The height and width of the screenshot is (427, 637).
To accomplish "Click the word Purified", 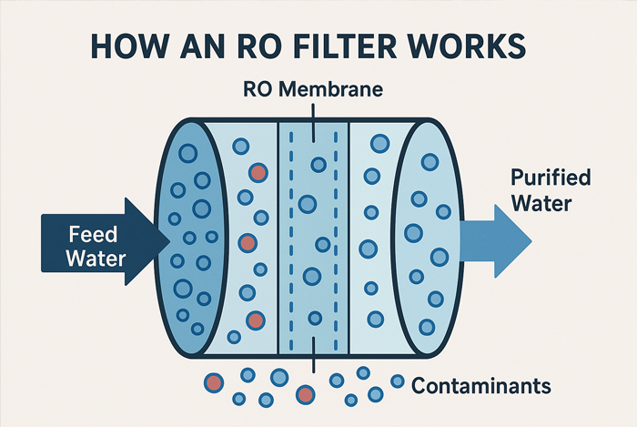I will coord(550,178).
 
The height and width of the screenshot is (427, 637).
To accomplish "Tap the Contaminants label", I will coord(481,385).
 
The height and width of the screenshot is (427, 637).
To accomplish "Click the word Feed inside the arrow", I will coord(92,234).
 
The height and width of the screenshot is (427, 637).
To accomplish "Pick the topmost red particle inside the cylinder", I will coord(258,172).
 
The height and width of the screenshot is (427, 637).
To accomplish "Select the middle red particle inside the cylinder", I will coord(247,243).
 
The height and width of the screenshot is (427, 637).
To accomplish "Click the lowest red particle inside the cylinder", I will coord(255,319).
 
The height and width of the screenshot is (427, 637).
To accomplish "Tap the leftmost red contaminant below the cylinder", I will coord(212,382).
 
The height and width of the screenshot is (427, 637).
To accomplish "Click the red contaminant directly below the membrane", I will coord(305,394).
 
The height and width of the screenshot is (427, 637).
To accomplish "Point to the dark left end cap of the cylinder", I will coord(187,240).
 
